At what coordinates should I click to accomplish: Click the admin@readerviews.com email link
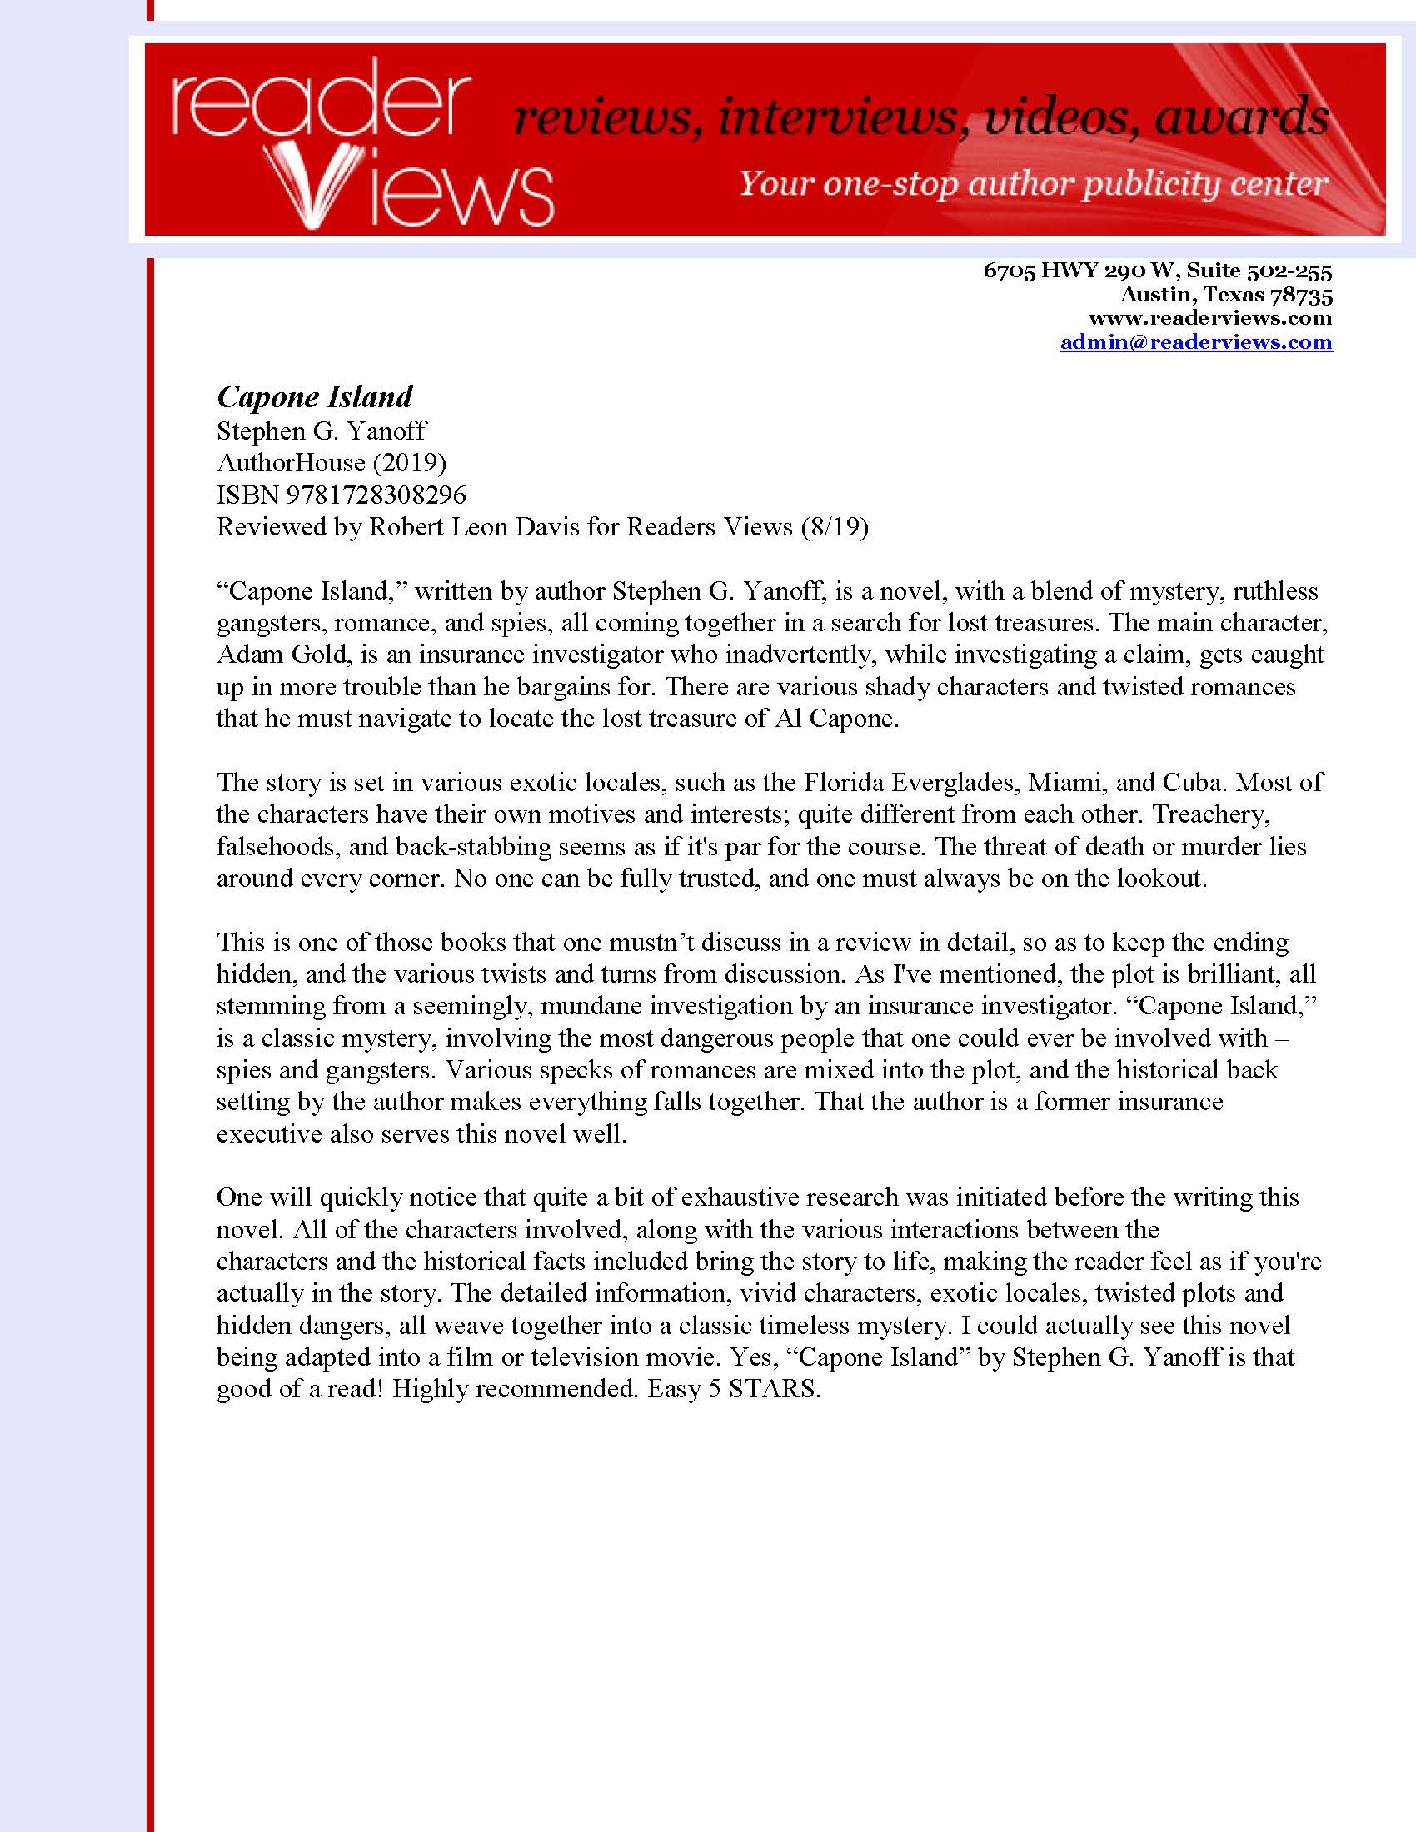1195,342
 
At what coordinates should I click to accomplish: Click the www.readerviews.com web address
1209,318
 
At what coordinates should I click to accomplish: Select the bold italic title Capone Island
315,396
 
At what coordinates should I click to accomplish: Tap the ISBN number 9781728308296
376,495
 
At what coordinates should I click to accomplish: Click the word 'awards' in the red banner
1242,117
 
